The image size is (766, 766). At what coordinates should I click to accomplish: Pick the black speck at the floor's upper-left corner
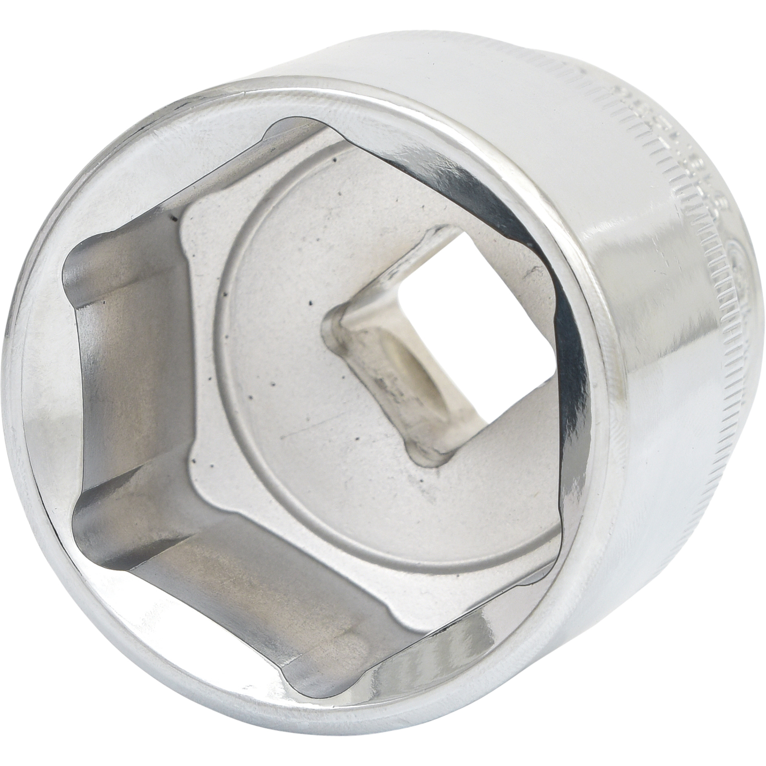point(173,219)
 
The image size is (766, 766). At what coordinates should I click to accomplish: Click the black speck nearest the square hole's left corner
point(310,303)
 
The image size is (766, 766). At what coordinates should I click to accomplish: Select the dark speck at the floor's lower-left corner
point(193,461)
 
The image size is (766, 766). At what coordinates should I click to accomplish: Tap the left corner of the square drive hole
point(330,316)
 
